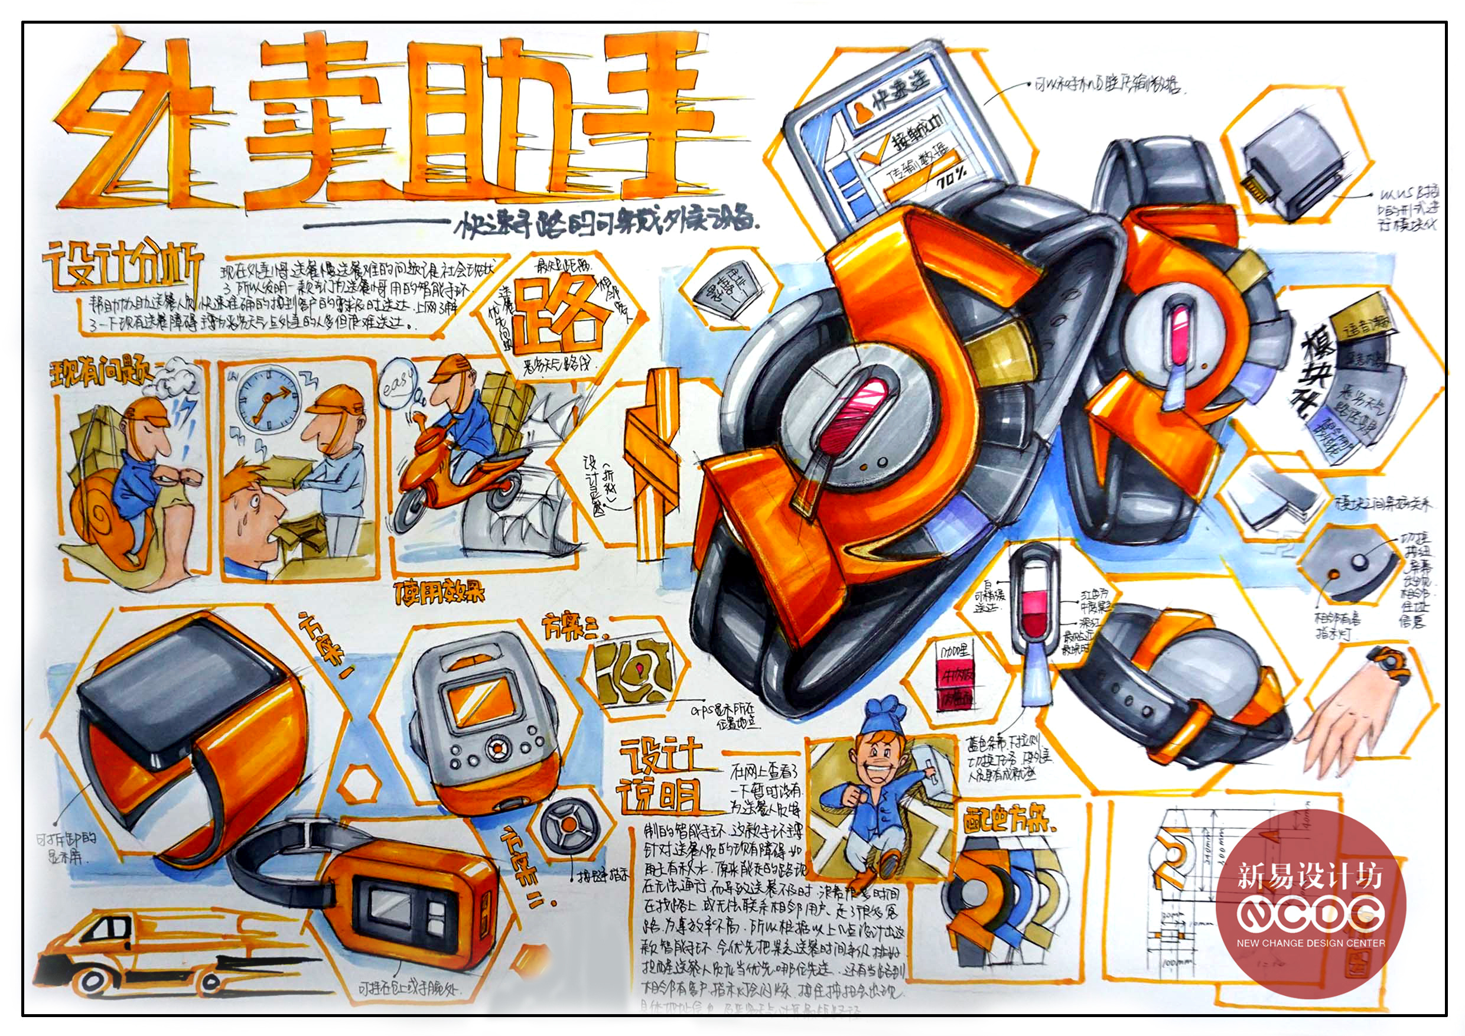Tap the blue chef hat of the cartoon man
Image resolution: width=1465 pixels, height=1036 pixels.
pyautogui.click(x=884, y=718)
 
